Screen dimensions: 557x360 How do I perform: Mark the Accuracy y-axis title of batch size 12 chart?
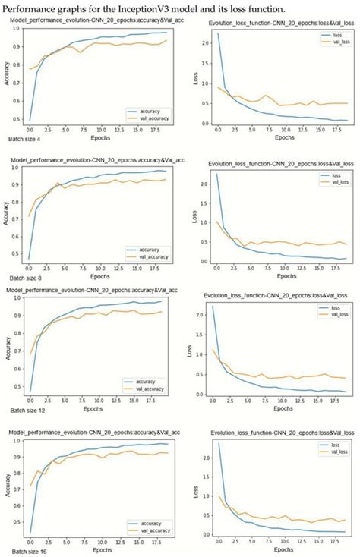[x=9, y=345]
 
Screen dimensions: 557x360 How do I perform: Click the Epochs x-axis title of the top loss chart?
[x=284, y=137]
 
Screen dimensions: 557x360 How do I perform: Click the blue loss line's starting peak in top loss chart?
[x=218, y=33]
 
